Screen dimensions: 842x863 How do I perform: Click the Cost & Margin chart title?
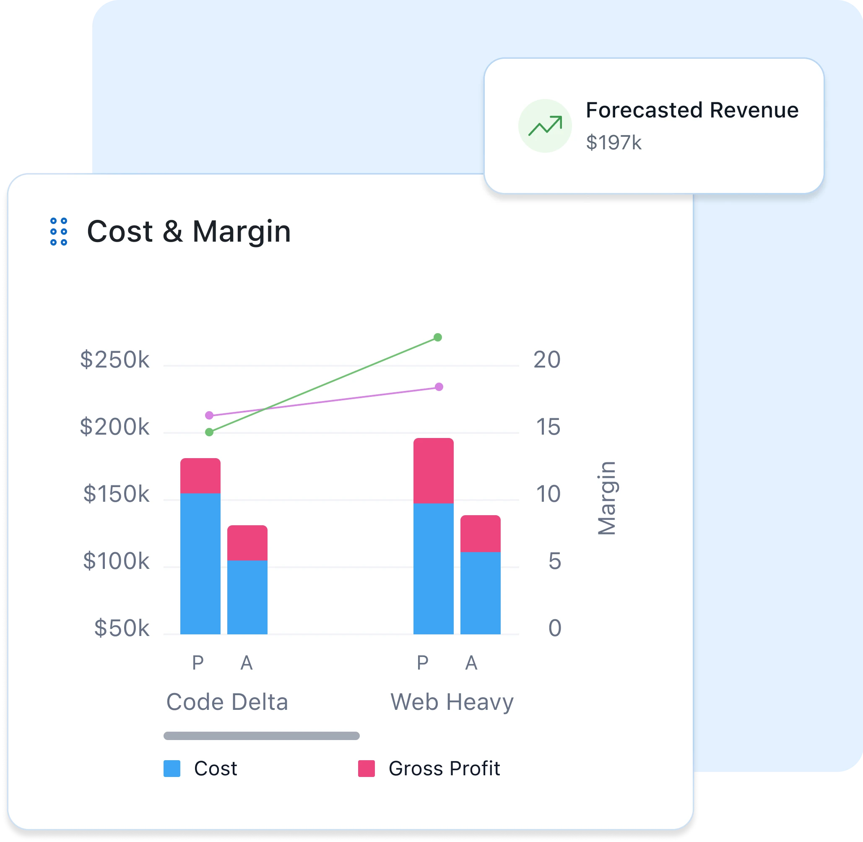189,231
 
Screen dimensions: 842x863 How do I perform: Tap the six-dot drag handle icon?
59,231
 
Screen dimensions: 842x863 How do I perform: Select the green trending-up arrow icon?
545,126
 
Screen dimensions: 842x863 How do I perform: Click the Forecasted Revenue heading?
692,110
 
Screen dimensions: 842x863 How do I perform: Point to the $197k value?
613,143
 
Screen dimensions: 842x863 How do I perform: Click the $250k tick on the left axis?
114,360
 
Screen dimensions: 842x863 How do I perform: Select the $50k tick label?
122,628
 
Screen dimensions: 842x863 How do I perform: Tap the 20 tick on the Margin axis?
546,360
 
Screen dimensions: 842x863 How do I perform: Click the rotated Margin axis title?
607,498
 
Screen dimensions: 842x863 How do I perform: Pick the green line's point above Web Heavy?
438,337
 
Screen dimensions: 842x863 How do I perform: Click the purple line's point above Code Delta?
209,415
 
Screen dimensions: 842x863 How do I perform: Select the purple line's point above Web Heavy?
439,387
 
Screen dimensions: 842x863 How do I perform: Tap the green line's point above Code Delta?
209,432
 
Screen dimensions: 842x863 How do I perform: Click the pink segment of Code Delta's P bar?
200,476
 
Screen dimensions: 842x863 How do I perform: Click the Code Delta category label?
227,702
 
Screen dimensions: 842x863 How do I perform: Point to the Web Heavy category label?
452,702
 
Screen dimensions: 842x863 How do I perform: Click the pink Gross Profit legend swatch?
367,769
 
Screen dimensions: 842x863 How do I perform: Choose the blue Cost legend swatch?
172,769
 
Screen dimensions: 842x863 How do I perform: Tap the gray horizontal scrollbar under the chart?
261,736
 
